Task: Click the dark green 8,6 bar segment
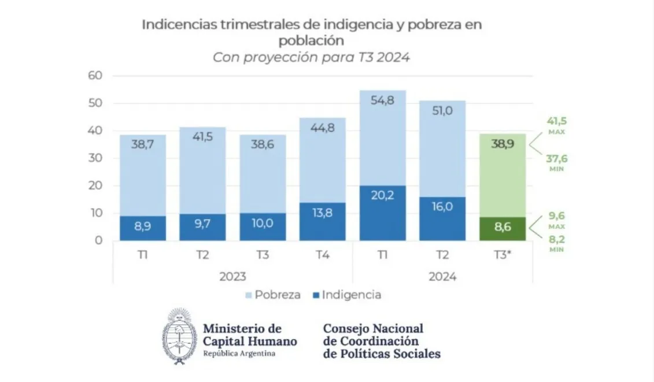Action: [x=502, y=229]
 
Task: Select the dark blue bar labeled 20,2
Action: [x=382, y=213]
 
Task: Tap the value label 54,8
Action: [x=382, y=101]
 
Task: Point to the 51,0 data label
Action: [x=442, y=111]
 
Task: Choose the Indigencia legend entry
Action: [x=346, y=295]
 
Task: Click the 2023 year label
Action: [x=232, y=276]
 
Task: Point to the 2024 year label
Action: [x=442, y=276]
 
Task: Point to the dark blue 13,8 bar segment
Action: [x=322, y=221]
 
